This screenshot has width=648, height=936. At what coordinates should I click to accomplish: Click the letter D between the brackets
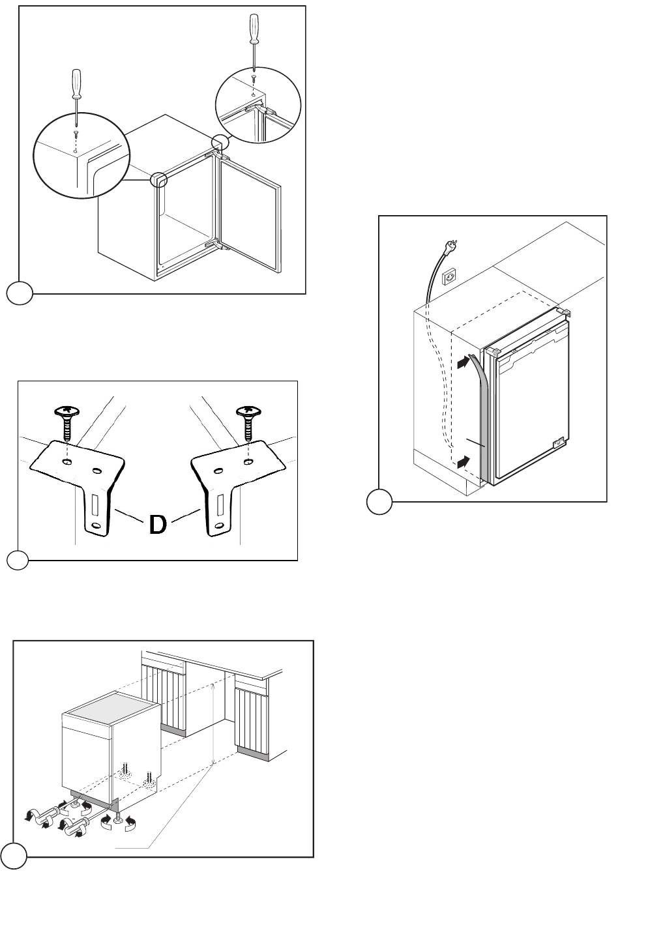click(158, 525)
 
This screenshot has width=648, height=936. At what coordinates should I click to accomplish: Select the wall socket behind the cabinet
click(449, 276)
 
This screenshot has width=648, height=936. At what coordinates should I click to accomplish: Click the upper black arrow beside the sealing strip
click(463, 362)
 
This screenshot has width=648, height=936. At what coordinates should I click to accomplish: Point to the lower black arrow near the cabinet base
click(463, 462)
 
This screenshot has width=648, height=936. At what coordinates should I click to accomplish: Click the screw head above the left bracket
click(67, 411)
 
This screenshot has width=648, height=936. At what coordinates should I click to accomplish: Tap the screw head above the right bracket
click(248, 411)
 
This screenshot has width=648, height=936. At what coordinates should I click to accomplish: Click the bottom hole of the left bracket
click(96, 525)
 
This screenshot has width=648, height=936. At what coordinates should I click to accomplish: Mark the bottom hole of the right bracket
click(217, 525)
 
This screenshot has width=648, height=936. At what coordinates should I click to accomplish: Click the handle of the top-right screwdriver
click(254, 28)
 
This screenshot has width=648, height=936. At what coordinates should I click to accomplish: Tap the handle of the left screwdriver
click(76, 83)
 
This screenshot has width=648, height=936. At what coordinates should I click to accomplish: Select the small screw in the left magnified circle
click(76, 134)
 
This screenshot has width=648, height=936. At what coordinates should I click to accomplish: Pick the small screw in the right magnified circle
click(253, 78)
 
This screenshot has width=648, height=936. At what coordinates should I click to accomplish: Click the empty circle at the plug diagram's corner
click(379, 502)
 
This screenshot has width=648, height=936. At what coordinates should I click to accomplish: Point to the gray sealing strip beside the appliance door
click(479, 416)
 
